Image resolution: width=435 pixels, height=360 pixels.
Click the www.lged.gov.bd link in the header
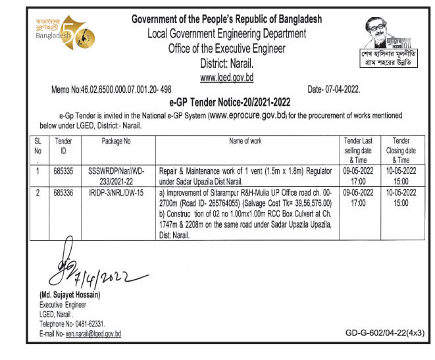point(226,78)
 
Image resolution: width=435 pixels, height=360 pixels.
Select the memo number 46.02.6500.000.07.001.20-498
point(111,89)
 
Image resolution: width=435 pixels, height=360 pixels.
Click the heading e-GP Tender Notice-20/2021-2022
point(226,102)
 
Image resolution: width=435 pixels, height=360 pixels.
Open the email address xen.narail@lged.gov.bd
point(93,334)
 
